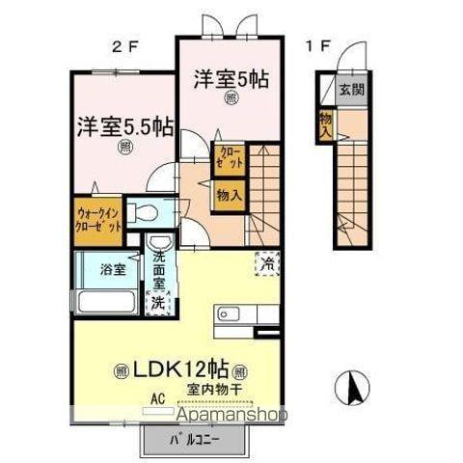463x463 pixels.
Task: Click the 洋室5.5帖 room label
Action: [124, 127]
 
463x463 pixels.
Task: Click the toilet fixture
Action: [147, 212]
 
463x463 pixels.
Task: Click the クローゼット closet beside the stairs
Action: [227, 159]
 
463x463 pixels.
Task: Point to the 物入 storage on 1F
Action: [326, 123]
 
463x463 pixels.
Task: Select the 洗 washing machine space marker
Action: [158, 301]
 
